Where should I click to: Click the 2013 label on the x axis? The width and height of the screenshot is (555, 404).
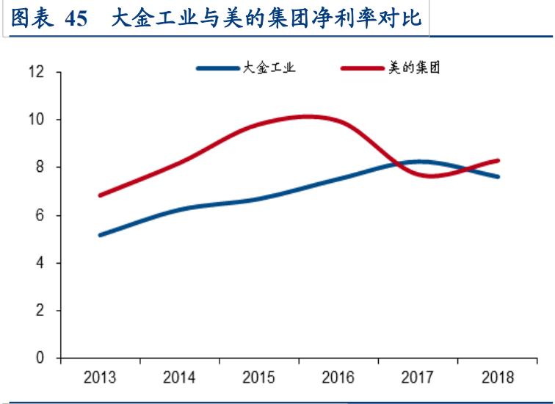pos(100,378)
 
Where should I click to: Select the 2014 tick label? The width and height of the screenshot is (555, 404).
pos(179,378)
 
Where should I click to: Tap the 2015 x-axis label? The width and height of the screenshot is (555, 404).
pos(258,378)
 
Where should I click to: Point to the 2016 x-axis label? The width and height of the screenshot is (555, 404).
pos(338,378)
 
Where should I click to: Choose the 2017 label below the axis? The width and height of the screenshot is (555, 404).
pos(418,378)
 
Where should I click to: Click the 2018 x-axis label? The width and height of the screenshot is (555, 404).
pos(498,378)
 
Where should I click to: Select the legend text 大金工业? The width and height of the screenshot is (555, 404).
pos(269,68)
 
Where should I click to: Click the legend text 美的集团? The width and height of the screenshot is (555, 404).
pos(414,68)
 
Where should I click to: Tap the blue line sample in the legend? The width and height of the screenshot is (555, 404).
pos(219,68)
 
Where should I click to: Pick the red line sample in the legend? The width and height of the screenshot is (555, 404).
pos(363,68)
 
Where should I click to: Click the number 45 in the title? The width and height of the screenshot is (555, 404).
pos(76,19)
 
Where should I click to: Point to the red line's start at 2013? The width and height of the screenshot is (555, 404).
pos(101,195)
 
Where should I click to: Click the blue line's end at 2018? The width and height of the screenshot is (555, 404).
pos(498,176)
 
